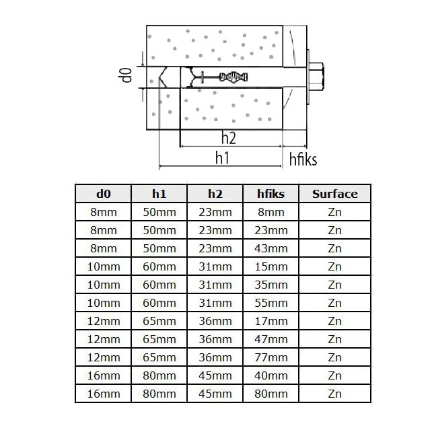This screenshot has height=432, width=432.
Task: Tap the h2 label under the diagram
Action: pyautogui.click(x=229, y=138)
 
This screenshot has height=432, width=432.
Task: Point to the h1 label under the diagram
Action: pyautogui.click(x=222, y=158)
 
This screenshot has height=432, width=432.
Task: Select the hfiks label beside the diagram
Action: pyautogui.click(x=303, y=159)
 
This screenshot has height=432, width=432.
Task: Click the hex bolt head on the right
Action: pyautogui.click(x=316, y=77)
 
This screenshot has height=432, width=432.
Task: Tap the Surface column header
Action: pyautogui.click(x=334, y=194)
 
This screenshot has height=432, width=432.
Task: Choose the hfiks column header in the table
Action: pyautogui.click(x=271, y=194)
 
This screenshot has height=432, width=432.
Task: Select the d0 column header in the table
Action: pyautogui.click(x=104, y=194)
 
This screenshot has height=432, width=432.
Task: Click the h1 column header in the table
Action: pyautogui.click(x=159, y=194)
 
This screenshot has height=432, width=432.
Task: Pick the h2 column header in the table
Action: pyautogui.click(x=215, y=194)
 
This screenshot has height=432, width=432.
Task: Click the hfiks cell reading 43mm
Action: pyautogui.click(x=271, y=248)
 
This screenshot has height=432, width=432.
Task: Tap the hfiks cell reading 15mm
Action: pyautogui.click(x=271, y=266)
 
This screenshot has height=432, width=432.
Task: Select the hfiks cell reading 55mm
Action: pyautogui.click(x=271, y=303)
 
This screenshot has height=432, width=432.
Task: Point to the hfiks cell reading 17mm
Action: pyautogui.click(x=271, y=321)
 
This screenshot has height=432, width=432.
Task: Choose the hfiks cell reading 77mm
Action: pyautogui.click(x=271, y=357)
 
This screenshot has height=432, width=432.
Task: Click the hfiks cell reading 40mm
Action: pyautogui.click(x=271, y=375)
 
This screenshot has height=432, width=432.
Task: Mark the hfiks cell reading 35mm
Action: pyautogui.click(x=271, y=285)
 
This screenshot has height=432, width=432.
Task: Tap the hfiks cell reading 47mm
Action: pyautogui.click(x=271, y=339)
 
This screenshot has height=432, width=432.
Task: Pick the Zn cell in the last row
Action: pyautogui.click(x=334, y=394)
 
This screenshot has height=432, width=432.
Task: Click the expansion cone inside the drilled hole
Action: pyautogui.click(x=233, y=77)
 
